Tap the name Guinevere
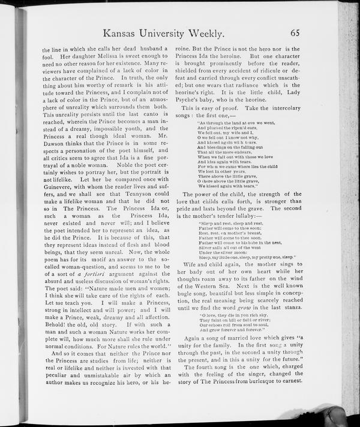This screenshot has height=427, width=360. pyautogui.click(x=61, y=203)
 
